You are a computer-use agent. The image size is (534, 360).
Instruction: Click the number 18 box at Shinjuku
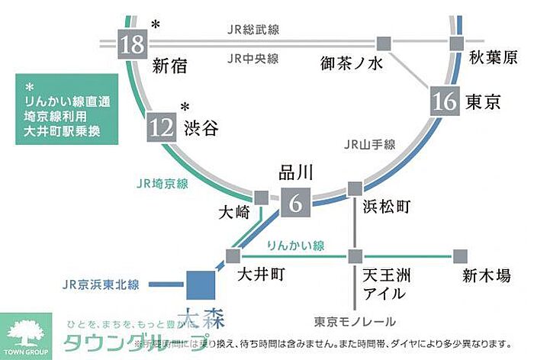[x=133, y=46]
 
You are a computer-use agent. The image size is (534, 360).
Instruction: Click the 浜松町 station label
[x=384, y=207]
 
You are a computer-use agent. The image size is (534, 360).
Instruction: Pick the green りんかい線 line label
[x=296, y=246]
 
